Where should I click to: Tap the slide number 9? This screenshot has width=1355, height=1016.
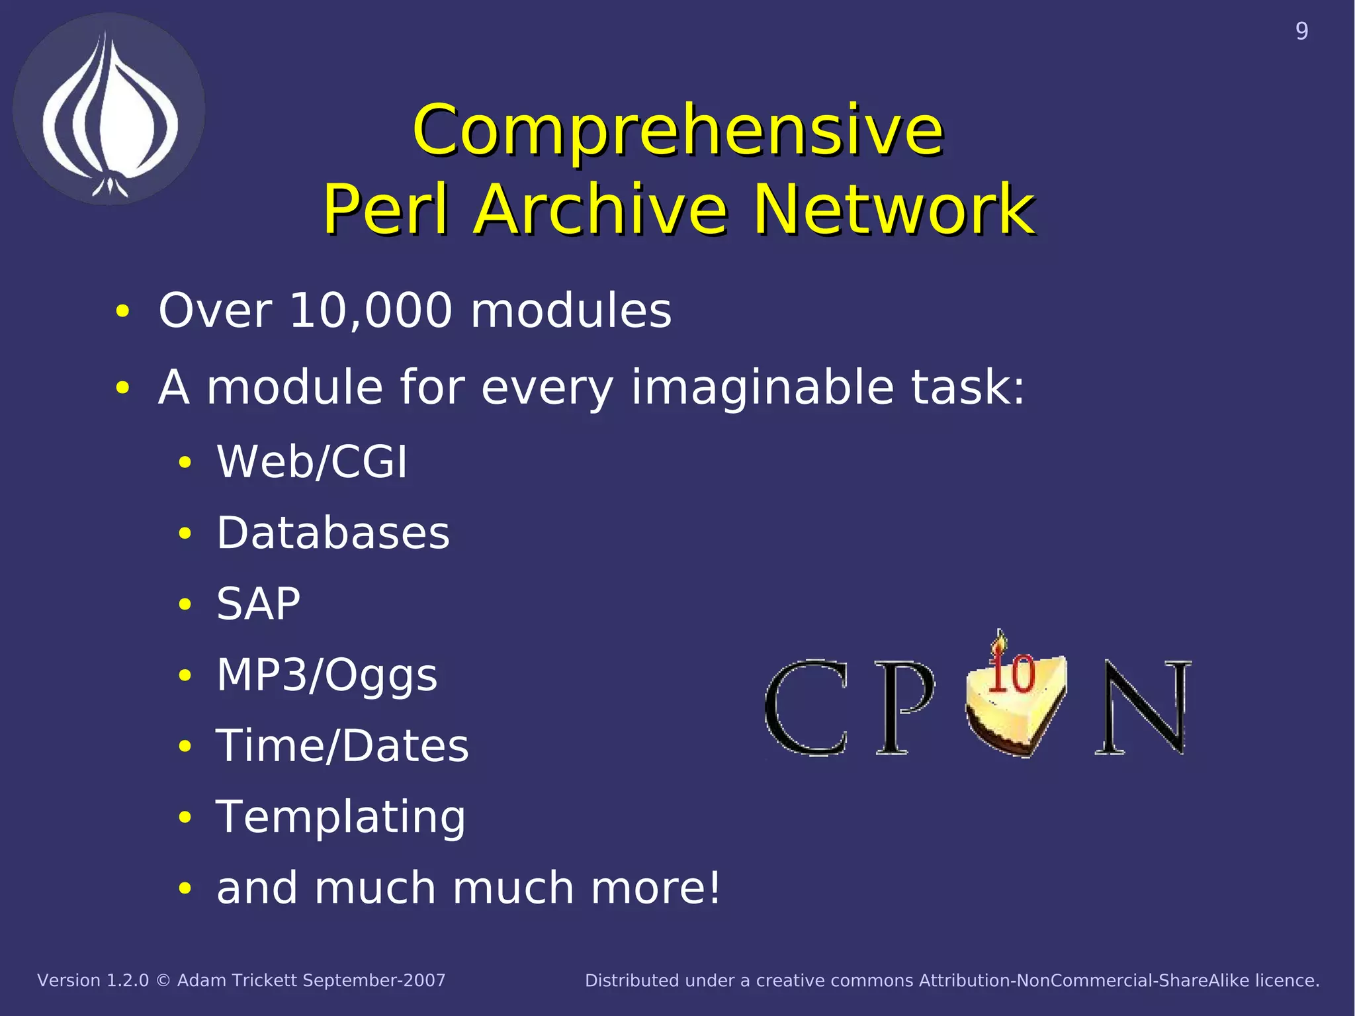coord(1301,31)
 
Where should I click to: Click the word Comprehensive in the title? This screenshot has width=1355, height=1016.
coord(677,130)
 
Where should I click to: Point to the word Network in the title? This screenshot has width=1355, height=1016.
coord(894,210)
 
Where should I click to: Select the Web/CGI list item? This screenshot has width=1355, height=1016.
coord(312,461)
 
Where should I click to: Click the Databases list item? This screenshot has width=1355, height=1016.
coord(333,533)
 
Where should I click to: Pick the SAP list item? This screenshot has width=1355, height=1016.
coord(258,604)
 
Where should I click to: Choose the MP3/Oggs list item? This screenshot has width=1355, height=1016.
coord(327,676)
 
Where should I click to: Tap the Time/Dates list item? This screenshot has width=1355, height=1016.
coord(342,746)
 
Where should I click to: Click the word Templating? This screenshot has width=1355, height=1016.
coord(341,817)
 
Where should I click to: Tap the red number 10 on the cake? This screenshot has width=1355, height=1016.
coord(1012,674)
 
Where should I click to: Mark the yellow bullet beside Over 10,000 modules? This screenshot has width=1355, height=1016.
coord(122,311)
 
